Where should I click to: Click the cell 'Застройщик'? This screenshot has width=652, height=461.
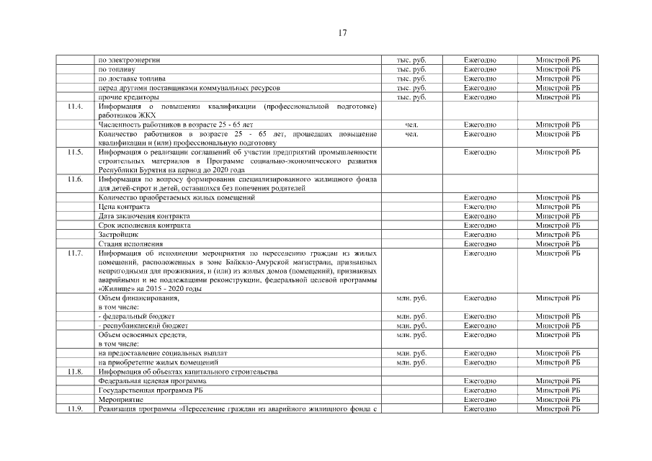(x=118, y=235)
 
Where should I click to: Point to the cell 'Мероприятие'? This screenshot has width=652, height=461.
(x=120, y=400)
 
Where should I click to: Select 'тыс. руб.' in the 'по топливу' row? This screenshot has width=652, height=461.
(x=412, y=69)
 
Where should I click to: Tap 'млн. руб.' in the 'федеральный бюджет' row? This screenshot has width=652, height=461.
(x=412, y=317)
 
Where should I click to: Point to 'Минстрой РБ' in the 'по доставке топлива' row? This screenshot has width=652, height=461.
(x=558, y=79)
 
